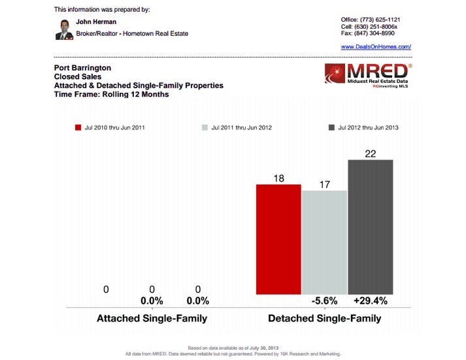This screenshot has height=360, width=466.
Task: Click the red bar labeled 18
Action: (x=278, y=239)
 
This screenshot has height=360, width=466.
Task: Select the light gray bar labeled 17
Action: (x=324, y=242)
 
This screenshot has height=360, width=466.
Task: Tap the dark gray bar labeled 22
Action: (x=371, y=227)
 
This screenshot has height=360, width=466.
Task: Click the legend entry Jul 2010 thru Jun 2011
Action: (x=110, y=127)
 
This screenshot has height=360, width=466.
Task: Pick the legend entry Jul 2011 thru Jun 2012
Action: (x=237, y=127)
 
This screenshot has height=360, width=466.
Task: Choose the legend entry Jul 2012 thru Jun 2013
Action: (x=365, y=127)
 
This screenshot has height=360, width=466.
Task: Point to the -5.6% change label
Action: (x=325, y=301)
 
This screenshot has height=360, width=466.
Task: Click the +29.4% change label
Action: (x=371, y=301)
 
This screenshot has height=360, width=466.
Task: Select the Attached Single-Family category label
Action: (x=152, y=318)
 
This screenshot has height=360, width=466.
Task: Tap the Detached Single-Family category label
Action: (x=325, y=318)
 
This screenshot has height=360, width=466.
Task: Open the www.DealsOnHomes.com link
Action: (x=376, y=47)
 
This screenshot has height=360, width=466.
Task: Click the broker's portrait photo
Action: (x=63, y=29)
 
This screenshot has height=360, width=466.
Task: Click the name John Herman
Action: (x=96, y=22)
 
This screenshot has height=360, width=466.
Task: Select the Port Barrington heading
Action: (x=82, y=68)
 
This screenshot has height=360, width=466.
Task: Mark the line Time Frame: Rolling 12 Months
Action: (x=111, y=94)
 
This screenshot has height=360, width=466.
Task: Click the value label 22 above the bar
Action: (x=371, y=153)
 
